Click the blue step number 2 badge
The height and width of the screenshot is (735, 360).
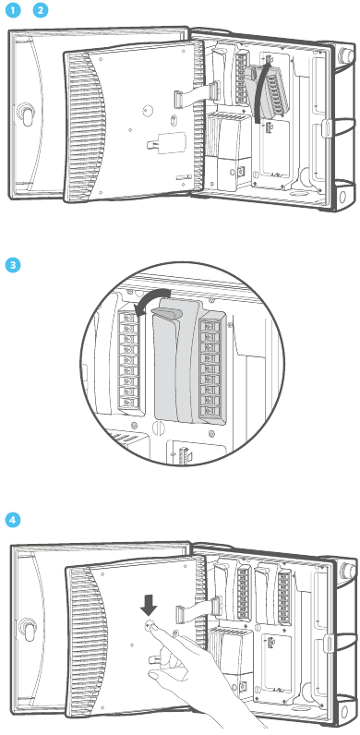pyautogui.click(x=40, y=10)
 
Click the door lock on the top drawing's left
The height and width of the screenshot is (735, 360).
pyautogui.click(x=25, y=114)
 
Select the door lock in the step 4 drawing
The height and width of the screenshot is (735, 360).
pyautogui.click(x=25, y=629)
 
